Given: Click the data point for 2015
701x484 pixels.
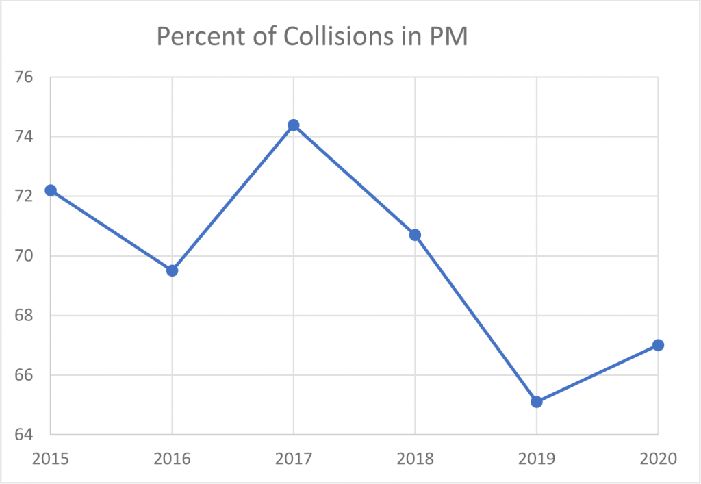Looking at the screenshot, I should (x=51, y=190).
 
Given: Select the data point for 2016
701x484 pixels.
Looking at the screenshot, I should (x=172, y=270).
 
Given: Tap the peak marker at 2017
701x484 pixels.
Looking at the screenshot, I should (x=294, y=125).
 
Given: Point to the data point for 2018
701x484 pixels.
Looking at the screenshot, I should (x=415, y=235).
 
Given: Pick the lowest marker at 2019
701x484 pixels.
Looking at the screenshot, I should (x=537, y=402).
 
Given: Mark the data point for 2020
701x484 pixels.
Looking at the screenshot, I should (x=658, y=345).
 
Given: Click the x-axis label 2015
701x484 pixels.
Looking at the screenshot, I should (x=51, y=458).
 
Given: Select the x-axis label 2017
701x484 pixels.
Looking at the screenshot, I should (x=294, y=458).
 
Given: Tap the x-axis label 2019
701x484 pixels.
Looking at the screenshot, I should (x=537, y=458).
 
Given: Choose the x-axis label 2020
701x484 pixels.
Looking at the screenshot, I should (x=658, y=458).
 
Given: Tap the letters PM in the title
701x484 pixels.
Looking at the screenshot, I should (x=448, y=37).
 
